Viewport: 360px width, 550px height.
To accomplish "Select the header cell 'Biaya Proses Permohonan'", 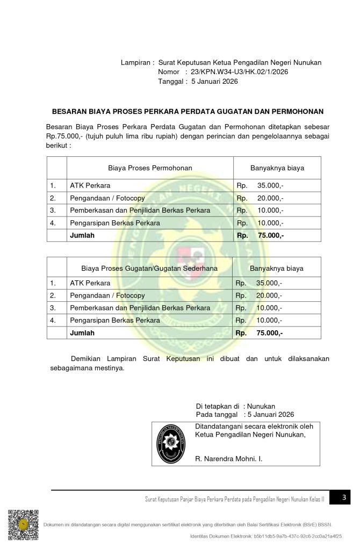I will tap(150, 168).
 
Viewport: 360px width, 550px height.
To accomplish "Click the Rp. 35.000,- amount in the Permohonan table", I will tap(260, 186).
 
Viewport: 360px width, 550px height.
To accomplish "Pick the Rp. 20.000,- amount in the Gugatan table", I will tap(259, 295).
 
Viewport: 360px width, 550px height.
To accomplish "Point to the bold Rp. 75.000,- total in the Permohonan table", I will tap(260, 235).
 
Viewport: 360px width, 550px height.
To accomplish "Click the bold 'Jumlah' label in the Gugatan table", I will tap(82, 333).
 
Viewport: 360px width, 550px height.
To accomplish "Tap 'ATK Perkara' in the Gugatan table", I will tap(90, 283).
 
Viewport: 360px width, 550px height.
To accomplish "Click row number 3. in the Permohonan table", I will tap(53, 211).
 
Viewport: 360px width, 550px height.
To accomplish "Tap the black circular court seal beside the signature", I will tap(174, 444).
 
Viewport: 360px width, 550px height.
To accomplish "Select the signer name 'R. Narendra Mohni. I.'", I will tap(229, 459).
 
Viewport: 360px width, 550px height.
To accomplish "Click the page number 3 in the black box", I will tap(345, 498).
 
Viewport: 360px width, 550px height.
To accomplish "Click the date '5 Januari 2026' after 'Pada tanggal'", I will tap(270, 415).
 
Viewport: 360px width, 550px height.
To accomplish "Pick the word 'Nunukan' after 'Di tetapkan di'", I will tap(261, 406).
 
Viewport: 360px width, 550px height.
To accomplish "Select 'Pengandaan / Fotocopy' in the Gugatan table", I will tap(107, 295).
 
